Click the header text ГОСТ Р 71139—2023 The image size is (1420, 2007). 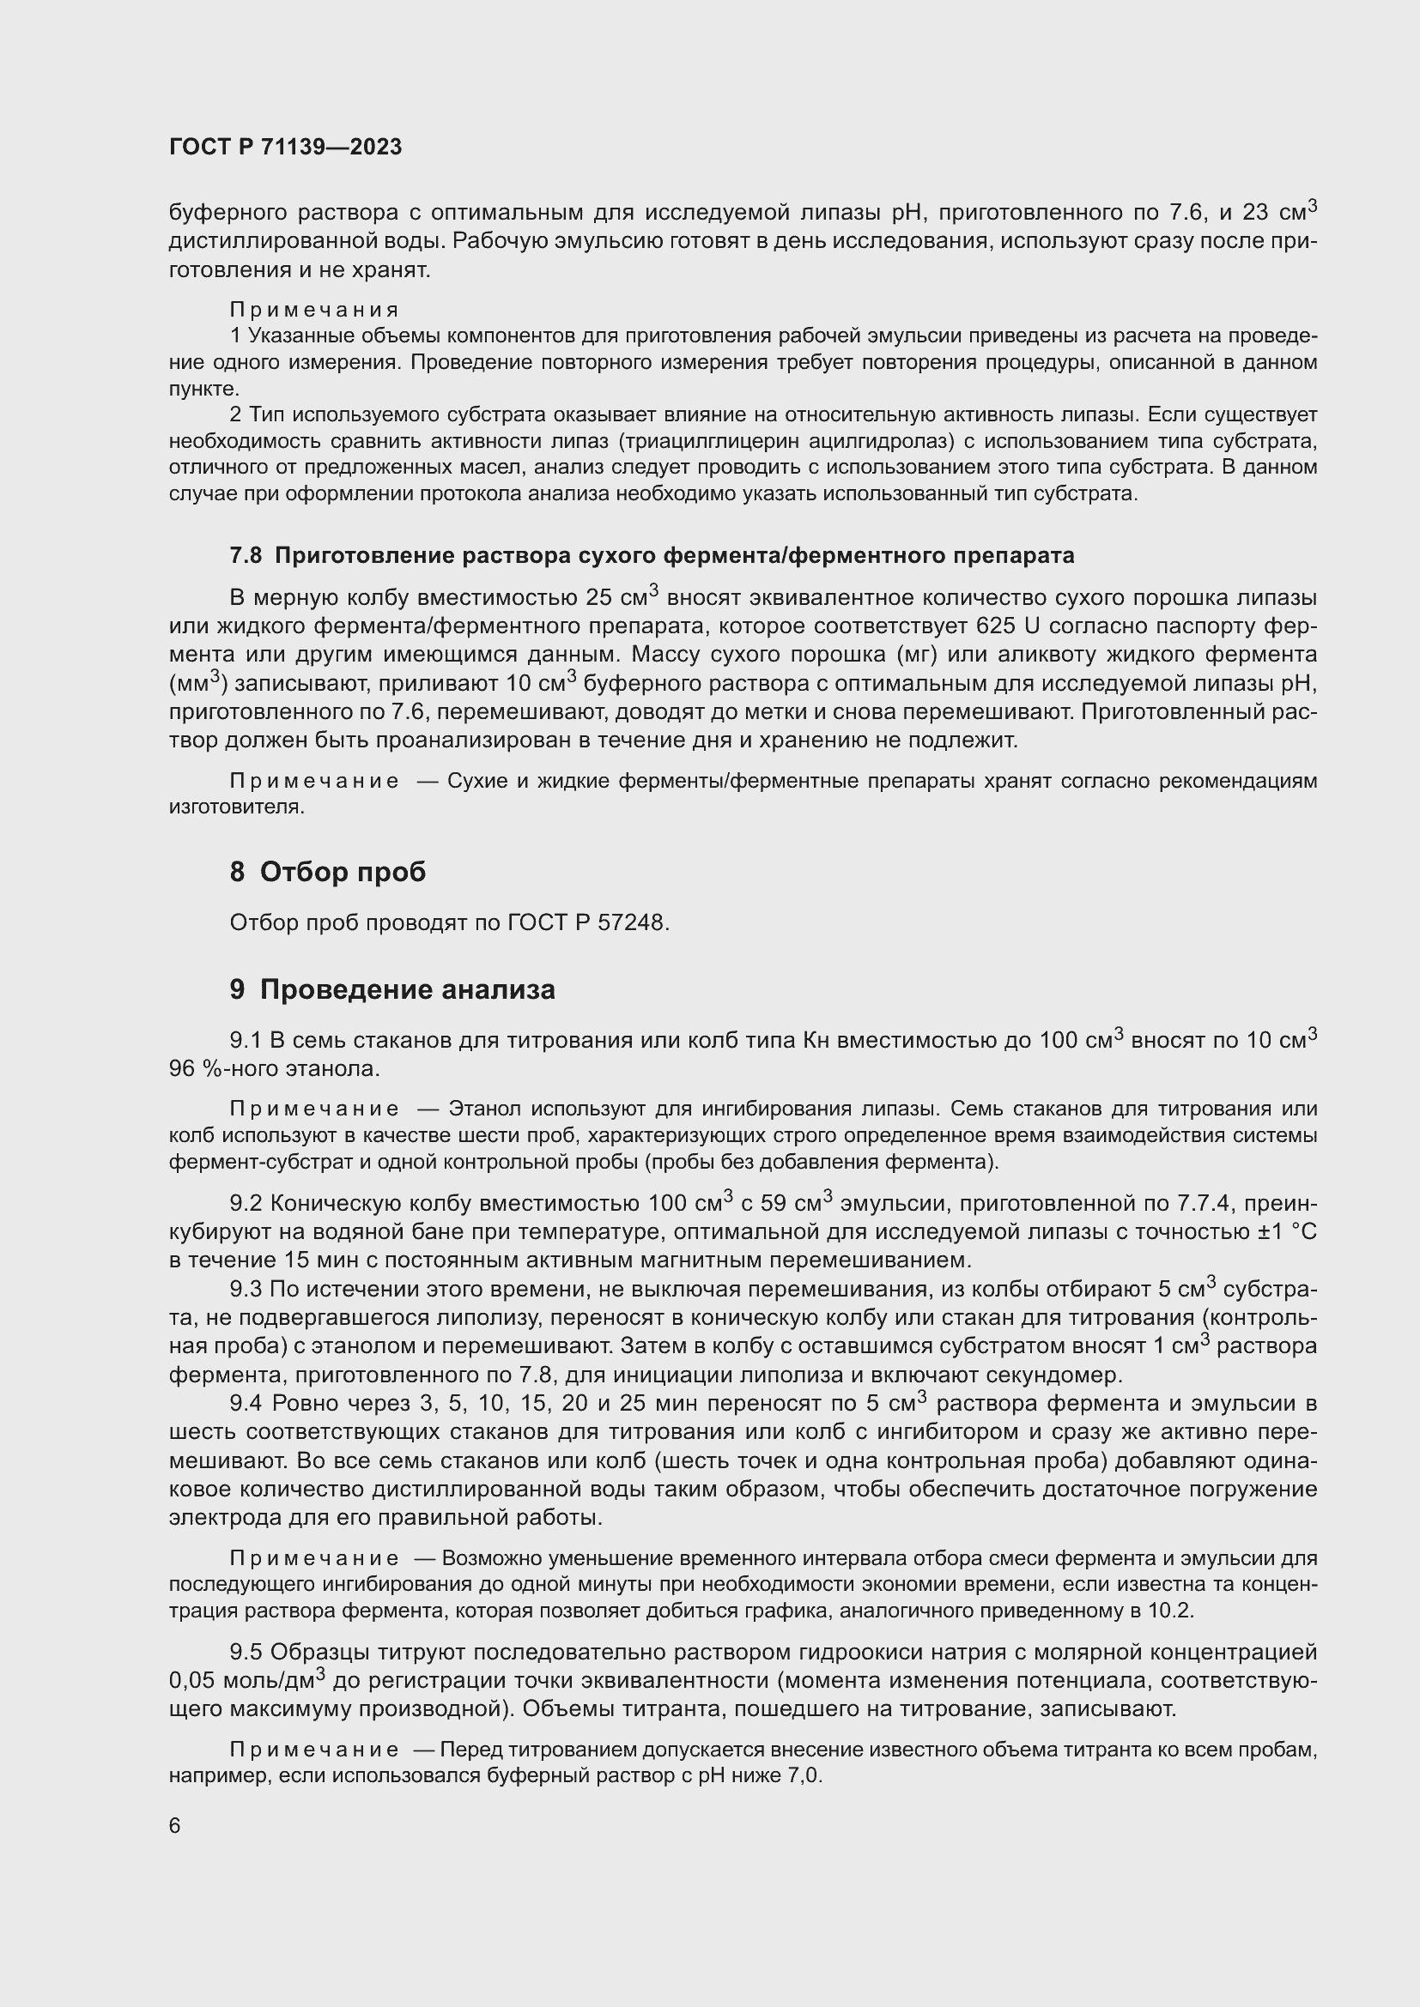[x=285, y=147]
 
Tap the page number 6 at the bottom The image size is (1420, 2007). [x=175, y=1825]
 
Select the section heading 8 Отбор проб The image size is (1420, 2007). [x=328, y=872]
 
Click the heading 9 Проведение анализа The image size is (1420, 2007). [x=392, y=989]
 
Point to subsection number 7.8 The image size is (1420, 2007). [x=245, y=555]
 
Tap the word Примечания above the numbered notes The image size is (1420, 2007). [x=314, y=310]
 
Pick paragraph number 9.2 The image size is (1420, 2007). [x=246, y=1204]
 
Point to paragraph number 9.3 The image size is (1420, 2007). [x=246, y=1290]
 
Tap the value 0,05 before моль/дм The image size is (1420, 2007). [x=192, y=1681]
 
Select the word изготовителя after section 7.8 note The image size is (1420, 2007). [x=236, y=807]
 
